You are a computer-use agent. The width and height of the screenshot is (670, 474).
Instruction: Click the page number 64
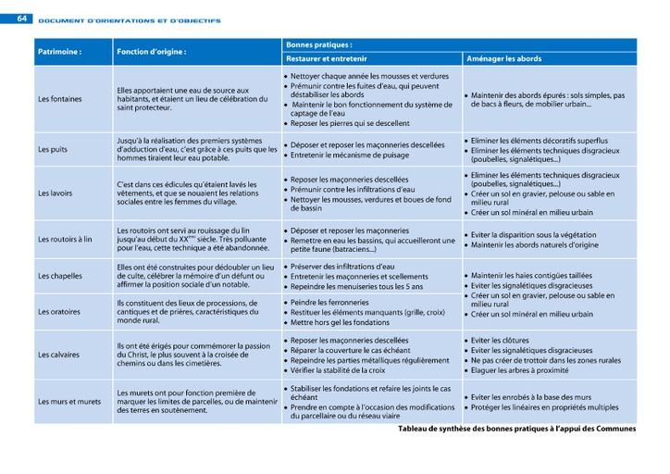click(x=22, y=19)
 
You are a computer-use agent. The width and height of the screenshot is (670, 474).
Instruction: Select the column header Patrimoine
click(x=59, y=52)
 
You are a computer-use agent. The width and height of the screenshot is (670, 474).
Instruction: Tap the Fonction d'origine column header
click(x=152, y=52)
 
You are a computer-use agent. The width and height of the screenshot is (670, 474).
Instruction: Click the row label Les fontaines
click(x=59, y=99)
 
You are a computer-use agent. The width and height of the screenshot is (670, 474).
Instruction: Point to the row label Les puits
click(x=52, y=148)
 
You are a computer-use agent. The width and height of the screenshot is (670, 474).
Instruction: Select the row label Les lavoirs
click(x=56, y=193)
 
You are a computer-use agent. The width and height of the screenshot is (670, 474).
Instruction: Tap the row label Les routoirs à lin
click(x=65, y=239)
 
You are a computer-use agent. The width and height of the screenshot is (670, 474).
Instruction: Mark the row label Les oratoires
click(x=58, y=313)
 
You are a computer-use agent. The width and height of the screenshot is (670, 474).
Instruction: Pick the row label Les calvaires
click(x=58, y=355)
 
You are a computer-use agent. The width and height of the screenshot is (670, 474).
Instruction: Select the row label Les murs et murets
click(x=69, y=402)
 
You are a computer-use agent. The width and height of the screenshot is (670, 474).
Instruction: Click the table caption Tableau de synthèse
click(x=516, y=429)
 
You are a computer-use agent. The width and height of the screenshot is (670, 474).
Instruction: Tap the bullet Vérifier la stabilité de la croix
click(x=338, y=370)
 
